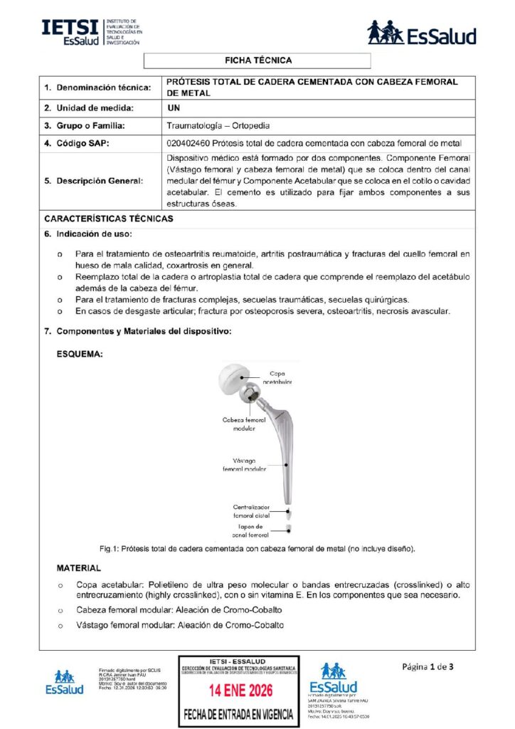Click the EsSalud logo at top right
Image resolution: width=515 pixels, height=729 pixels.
click(421, 33)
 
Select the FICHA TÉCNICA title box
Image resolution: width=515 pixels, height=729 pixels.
click(257, 61)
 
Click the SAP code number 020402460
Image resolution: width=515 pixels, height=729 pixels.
click(189, 144)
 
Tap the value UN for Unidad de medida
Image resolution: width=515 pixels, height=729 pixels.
click(173, 108)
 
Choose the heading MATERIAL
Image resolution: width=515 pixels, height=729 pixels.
click(78, 568)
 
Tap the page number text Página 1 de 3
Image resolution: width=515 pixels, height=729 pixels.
click(428, 666)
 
